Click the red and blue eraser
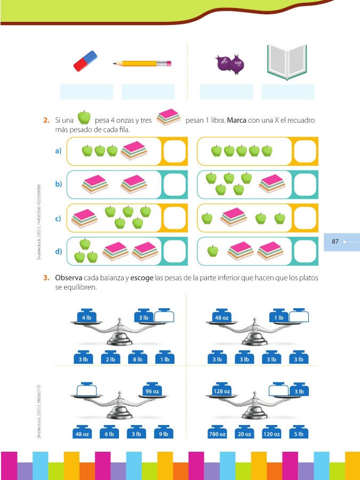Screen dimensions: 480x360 click(x=86, y=61)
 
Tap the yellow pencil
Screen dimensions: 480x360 click(x=142, y=63)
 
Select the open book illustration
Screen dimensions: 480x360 click(x=287, y=62)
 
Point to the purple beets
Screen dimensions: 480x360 click(x=230, y=63)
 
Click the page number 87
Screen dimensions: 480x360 click(x=335, y=242)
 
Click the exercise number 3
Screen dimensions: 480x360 click(x=46, y=277)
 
